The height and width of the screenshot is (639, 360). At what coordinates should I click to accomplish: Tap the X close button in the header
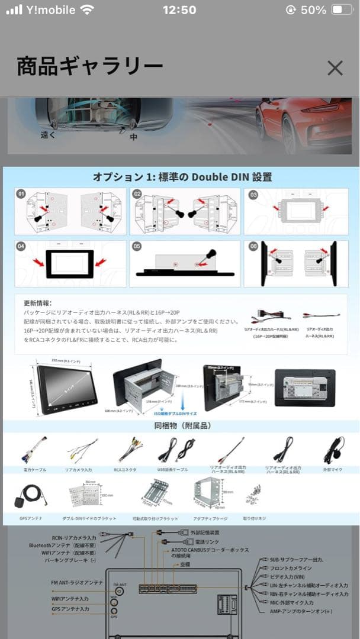click(335, 68)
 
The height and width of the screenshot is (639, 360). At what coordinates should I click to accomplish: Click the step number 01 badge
click(22, 194)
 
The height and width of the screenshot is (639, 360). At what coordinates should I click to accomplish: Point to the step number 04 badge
click(22, 246)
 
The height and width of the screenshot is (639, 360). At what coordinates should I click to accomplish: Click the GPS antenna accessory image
click(29, 499)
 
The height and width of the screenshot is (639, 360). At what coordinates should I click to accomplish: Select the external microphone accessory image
click(333, 451)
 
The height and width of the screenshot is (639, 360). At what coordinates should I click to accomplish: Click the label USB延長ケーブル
click(173, 469)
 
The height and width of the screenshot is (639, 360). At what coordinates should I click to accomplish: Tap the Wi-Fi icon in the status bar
click(88, 10)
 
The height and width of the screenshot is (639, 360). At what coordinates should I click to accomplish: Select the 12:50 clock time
click(179, 10)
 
